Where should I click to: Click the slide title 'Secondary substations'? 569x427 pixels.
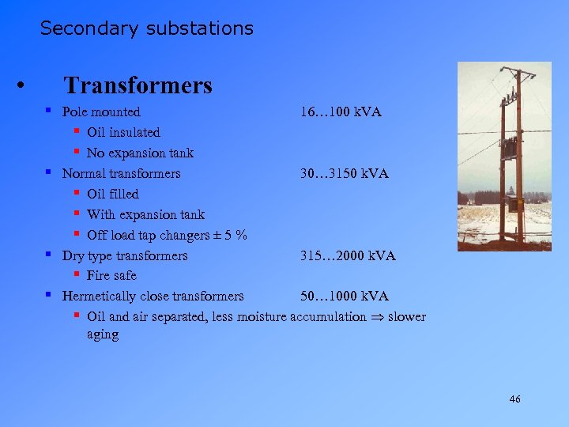pyautogui.click(x=146, y=28)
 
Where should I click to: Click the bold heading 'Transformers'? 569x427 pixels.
pyautogui.click(x=138, y=85)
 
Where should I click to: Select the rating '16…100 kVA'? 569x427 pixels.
pyautogui.click(x=341, y=112)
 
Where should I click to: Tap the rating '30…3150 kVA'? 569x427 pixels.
pyautogui.click(x=344, y=173)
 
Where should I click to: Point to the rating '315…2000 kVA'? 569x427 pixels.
pyautogui.click(x=348, y=255)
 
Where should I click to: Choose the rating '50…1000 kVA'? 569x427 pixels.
pyautogui.click(x=344, y=296)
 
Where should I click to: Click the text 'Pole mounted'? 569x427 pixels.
pyautogui.click(x=101, y=112)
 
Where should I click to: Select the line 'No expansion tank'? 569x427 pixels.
pyautogui.click(x=140, y=153)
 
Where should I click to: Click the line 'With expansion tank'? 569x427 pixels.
pyautogui.click(x=145, y=214)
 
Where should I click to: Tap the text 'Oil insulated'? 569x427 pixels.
pyautogui.click(x=123, y=132)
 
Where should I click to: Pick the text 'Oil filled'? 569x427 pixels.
pyautogui.click(x=112, y=194)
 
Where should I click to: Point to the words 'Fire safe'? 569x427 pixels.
pyautogui.click(x=111, y=275)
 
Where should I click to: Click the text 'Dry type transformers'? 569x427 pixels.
pyautogui.click(x=125, y=255)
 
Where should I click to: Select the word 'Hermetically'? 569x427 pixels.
pyautogui.click(x=99, y=296)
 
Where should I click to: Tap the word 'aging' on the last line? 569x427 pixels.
pyautogui.click(x=103, y=334)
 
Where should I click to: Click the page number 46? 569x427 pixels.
pyautogui.click(x=514, y=400)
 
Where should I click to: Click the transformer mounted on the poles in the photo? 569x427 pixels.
pyautogui.click(x=511, y=150)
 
